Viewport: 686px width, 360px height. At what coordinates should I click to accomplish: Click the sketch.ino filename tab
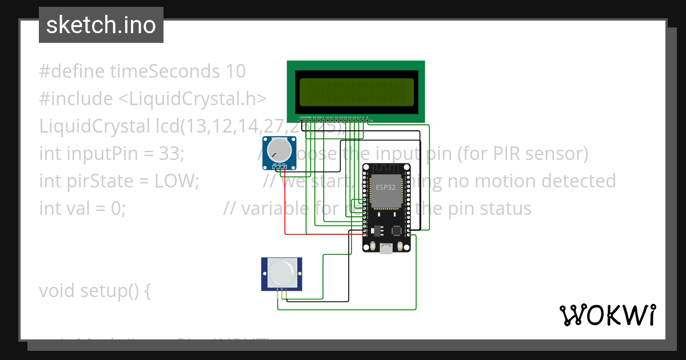[x=101, y=25]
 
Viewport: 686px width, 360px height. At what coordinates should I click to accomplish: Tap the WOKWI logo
[x=607, y=315]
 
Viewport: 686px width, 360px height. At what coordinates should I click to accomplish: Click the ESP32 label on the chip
[x=385, y=187]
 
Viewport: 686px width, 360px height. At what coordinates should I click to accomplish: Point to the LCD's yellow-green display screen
[x=356, y=92]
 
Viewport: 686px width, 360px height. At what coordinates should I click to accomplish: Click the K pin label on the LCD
[x=367, y=117]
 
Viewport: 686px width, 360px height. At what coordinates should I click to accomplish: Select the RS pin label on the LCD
[x=314, y=117]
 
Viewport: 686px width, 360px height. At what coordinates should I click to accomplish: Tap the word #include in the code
[x=76, y=99]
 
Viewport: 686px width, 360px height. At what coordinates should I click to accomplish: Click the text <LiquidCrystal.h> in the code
[x=192, y=99]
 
